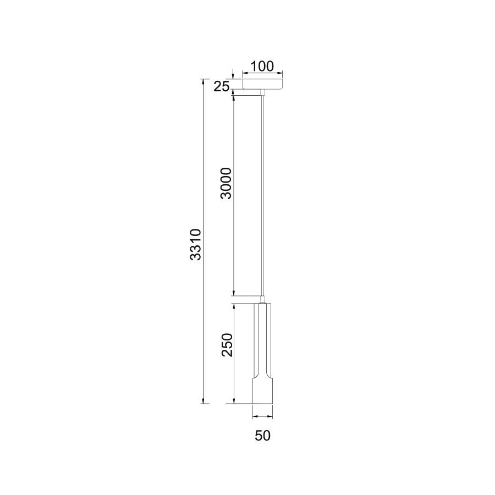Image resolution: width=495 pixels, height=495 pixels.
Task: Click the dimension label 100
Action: [262, 67]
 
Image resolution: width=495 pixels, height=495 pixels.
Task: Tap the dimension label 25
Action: [221, 86]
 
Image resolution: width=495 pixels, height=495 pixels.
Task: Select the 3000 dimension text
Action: [226, 183]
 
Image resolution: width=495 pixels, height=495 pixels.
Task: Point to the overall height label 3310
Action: [196, 244]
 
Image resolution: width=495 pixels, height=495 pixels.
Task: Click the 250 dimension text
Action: [227, 345]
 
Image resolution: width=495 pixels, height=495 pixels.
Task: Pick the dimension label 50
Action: [263, 436]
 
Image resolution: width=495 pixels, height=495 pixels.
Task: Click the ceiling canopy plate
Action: [262, 84]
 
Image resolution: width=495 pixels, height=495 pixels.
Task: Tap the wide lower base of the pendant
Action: [263, 390]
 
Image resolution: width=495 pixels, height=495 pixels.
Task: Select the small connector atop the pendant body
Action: [262, 300]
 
